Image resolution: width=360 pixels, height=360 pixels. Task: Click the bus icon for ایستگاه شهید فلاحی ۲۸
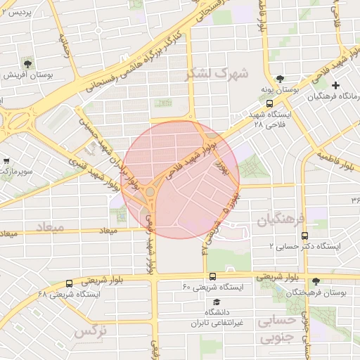point(270,103)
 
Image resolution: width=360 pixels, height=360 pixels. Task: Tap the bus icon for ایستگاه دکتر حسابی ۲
point(304,236)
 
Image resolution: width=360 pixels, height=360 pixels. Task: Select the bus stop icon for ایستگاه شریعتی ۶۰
point(212,277)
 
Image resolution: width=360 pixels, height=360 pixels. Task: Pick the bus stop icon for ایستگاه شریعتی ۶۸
point(68,283)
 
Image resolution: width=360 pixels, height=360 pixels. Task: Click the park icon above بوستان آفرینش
point(27,63)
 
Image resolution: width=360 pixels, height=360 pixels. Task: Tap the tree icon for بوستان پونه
point(281,79)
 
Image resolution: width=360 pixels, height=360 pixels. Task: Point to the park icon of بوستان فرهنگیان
point(315,281)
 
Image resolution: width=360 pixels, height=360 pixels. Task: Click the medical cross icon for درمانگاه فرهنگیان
point(335,86)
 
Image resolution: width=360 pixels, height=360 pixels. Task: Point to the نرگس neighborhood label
point(91,330)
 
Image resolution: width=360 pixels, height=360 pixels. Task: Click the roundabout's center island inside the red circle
point(150,191)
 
